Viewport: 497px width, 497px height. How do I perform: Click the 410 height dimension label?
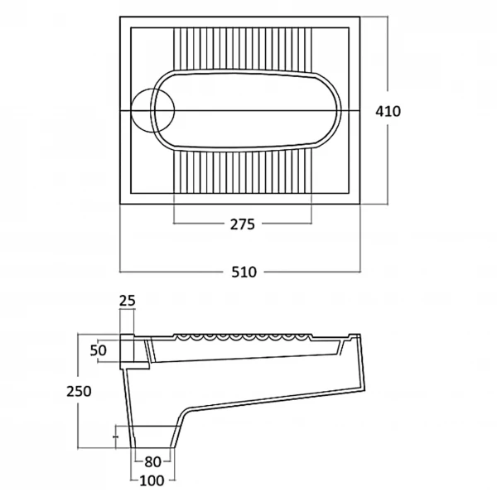click(388, 112)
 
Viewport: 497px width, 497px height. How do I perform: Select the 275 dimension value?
click(243, 224)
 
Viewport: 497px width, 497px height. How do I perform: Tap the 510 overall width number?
click(244, 273)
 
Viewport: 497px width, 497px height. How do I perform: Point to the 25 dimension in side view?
click(128, 301)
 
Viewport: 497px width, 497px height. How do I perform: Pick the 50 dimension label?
click(99, 350)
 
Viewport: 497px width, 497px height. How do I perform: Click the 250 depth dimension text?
click(79, 392)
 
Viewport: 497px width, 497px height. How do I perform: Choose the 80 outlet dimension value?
click(152, 462)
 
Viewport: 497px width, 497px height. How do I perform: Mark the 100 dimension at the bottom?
click(152, 480)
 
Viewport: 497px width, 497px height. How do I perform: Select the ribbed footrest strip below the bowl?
click(243, 171)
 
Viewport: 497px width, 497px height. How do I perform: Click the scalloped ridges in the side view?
click(243, 337)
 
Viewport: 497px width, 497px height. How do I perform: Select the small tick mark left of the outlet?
click(116, 437)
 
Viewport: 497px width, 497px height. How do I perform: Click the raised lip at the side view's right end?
click(355, 336)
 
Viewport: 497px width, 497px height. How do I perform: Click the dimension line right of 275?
click(287, 223)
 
